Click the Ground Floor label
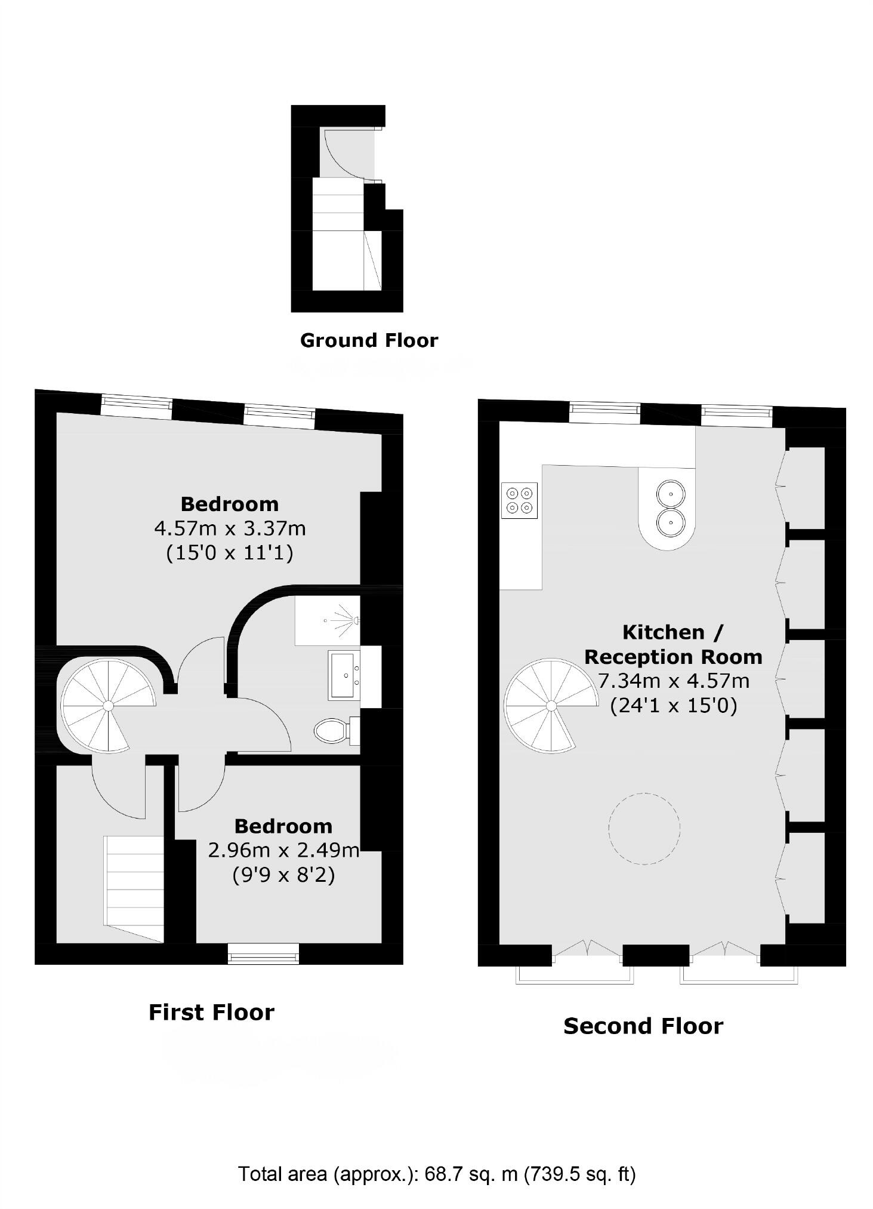pos(369,340)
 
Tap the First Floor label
pos(211,1013)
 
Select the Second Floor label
pos(643,1026)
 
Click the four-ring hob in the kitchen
pos(519,500)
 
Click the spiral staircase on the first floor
pos(107,705)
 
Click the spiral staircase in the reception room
pos(550,706)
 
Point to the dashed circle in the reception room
pos(644,828)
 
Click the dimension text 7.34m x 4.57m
pos(673,681)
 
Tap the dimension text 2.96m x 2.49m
pos(283,850)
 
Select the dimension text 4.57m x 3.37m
pos(230,528)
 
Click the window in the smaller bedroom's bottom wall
pos(263,953)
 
